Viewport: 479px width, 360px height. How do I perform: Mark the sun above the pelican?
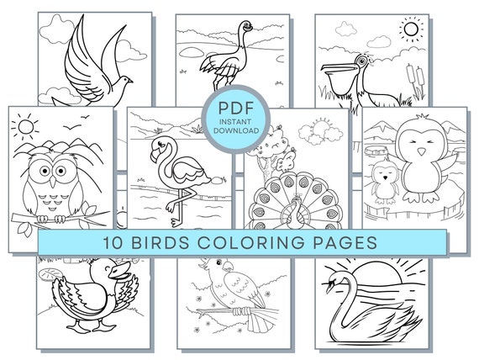(411, 31)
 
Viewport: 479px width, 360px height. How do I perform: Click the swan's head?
(340, 283)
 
